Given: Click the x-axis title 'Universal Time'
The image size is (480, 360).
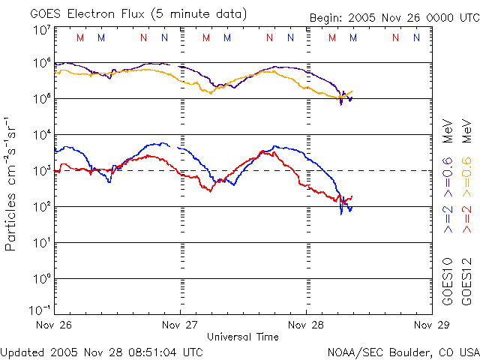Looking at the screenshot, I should [242, 337].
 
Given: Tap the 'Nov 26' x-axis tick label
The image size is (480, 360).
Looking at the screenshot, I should [53, 325].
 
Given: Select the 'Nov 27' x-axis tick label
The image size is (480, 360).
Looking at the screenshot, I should [179, 325].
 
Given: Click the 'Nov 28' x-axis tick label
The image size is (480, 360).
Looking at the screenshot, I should [305, 325].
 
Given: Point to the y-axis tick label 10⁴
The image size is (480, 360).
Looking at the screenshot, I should [41, 135].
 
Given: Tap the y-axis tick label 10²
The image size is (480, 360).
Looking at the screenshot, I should [41, 207].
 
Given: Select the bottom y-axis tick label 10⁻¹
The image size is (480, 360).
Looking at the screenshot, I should [40, 309].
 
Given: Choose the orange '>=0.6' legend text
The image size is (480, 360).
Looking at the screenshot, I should [466, 179].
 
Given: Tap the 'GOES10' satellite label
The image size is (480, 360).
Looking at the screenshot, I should [448, 281].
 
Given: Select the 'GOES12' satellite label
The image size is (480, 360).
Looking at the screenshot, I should [466, 281].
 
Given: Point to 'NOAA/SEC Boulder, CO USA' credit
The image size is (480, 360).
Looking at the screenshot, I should [403, 352].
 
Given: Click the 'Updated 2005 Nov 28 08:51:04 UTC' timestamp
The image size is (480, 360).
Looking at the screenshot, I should [102, 351].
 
